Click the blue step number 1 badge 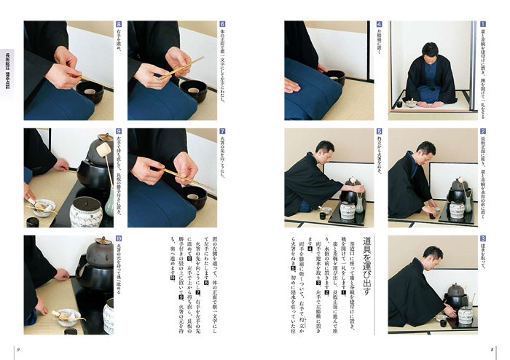(x=482, y=24)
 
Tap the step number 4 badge (x=379, y=24)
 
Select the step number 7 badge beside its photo (x=222, y=132)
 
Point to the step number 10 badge (x=119, y=239)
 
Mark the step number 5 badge (x=379, y=132)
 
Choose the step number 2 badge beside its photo (x=482, y=132)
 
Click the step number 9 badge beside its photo (x=119, y=132)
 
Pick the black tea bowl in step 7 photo (x=193, y=195)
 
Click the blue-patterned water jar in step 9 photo (x=89, y=214)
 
